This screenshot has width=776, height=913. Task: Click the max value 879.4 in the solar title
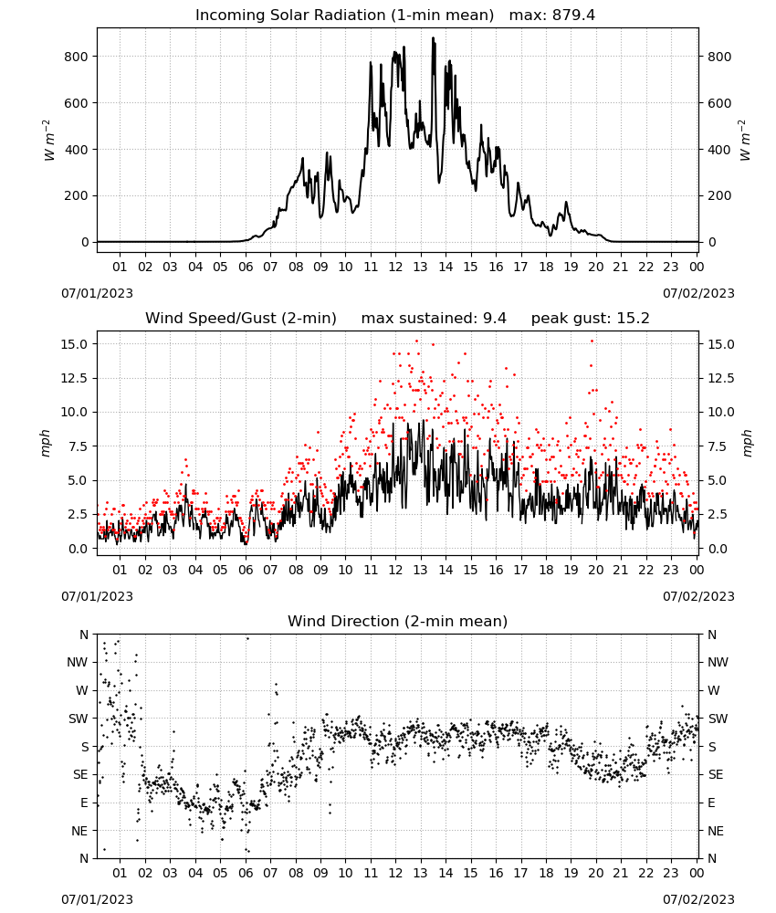573,16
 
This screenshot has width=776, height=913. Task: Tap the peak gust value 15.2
633,319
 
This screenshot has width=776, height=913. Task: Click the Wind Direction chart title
398,621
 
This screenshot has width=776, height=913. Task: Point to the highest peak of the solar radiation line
433,38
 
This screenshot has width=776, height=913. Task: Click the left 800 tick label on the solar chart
77,57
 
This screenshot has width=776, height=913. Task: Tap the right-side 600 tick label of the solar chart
719,104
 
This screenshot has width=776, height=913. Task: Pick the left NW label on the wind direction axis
78,663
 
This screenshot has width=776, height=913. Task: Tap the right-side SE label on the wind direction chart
716,775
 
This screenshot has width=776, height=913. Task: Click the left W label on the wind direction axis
82,690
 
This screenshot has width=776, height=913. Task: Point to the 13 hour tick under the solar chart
420,268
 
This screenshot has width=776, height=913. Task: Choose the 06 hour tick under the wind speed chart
246,570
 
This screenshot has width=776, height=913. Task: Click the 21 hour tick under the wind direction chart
621,873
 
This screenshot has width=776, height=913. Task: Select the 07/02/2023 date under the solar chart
698,293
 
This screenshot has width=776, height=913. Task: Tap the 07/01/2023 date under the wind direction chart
97,899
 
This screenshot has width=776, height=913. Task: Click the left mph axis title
46,443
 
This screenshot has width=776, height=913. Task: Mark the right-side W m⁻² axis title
746,141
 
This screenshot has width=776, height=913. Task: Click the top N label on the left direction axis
84,635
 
